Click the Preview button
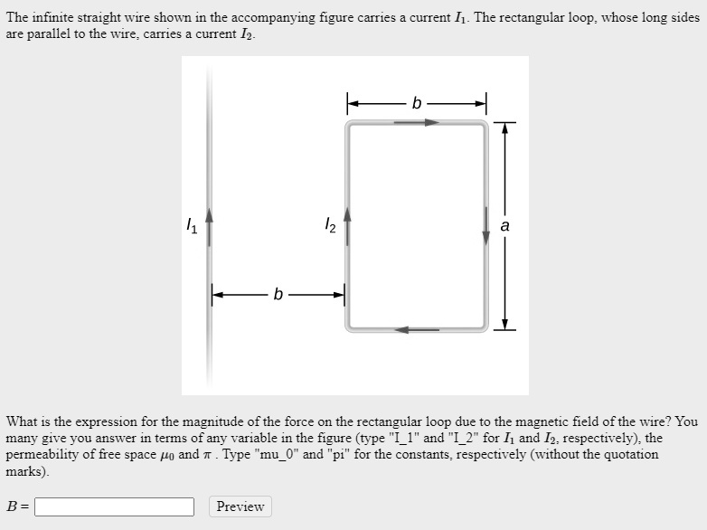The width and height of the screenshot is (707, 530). point(240,506)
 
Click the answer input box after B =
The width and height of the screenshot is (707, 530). point(114,506)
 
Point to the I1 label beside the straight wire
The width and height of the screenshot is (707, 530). point(190,226)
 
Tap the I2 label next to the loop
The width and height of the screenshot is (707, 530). point(330,226)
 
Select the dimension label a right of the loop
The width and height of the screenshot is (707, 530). point(504,226)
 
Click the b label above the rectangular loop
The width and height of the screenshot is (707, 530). point(416,103)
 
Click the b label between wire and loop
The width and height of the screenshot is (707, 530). point(278,294)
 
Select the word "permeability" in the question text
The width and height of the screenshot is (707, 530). point(44,454)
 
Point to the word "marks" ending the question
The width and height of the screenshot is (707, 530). point(27,471)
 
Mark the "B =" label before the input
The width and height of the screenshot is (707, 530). point(18,506)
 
